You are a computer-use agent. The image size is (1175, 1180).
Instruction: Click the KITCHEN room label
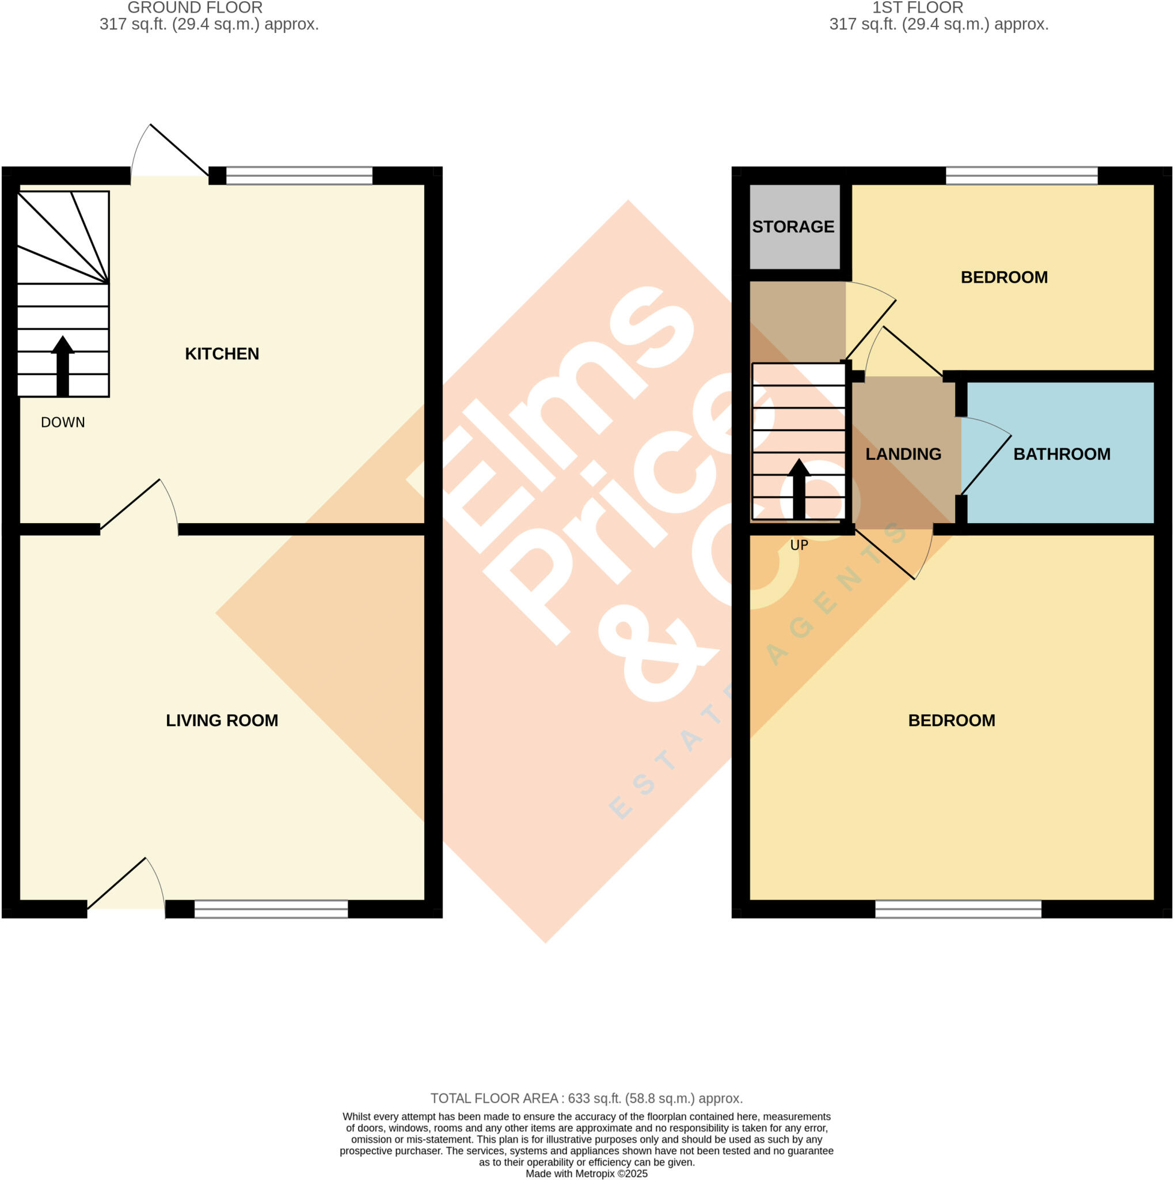222,354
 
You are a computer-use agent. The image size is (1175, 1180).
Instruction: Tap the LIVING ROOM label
222,720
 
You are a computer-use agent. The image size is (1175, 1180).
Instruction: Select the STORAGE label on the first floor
793,226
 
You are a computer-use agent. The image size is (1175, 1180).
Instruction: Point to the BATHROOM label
1062,454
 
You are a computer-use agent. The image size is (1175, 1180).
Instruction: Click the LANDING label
903,454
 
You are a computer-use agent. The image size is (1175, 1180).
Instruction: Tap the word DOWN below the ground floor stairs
63,422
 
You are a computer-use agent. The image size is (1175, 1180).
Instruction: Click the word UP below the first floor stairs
799,545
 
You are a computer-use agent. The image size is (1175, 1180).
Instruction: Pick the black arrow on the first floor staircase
799,489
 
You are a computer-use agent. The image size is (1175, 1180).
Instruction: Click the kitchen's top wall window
299,176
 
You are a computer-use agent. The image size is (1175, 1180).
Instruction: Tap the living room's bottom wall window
271,909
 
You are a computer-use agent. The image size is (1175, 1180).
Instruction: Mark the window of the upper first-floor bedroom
1021,176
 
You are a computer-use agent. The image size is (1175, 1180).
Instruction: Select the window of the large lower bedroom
958,909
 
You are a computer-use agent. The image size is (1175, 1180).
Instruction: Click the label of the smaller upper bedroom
1004,277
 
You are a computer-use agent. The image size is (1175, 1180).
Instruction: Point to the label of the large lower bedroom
952,720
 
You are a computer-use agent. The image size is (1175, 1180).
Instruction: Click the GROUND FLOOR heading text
195,8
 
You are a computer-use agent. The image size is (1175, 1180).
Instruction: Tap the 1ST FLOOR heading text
918,8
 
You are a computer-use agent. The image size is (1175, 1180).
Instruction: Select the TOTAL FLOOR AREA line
587,1098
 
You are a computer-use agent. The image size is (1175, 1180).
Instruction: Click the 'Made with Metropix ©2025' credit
587,1173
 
